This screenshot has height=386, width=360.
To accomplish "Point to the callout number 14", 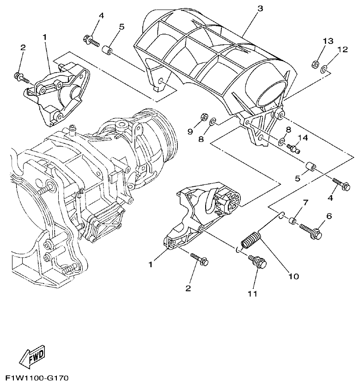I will (302, 138).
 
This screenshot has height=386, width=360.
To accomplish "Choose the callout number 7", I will (305, 203).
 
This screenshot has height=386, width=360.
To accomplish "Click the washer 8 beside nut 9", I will (213, 122).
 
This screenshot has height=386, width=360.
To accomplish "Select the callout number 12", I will (342, 49).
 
